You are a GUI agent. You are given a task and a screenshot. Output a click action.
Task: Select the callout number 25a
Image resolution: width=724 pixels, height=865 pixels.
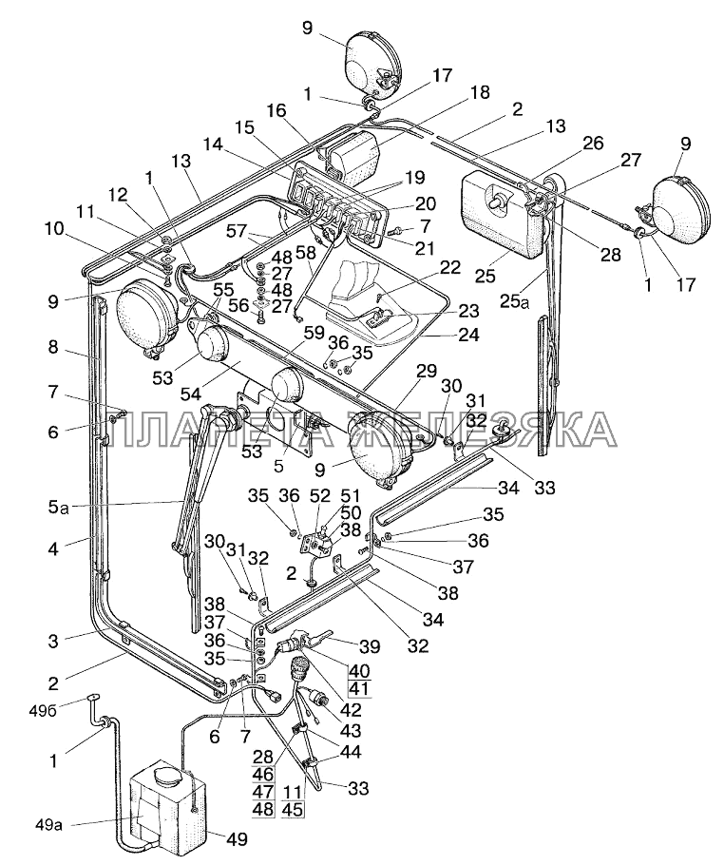[513, 301]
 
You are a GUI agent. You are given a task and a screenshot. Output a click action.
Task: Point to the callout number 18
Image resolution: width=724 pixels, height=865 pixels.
[481, 92]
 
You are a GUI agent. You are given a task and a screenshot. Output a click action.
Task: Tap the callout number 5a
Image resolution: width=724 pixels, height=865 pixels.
[57, 506]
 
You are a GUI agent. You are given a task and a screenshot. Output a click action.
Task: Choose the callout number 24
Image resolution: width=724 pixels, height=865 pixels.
[468, 335]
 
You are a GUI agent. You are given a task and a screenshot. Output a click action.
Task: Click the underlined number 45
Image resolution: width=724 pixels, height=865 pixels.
[293, 809]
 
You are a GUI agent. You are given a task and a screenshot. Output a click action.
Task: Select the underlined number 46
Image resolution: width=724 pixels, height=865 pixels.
[262, 775]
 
